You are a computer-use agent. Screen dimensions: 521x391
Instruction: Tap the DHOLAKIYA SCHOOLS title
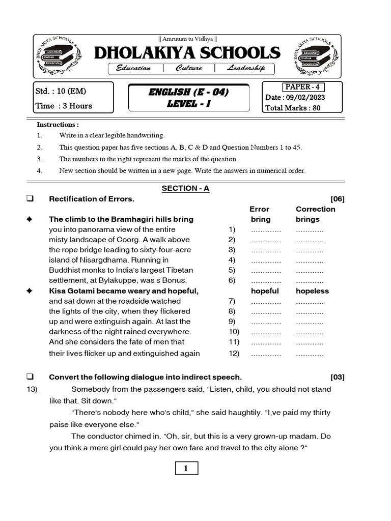[187, 53]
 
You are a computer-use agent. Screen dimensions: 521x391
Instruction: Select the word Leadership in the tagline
[246, 68]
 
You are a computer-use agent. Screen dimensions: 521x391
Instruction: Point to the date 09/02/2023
[306, 97]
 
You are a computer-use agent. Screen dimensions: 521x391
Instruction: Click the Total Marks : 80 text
[293, 108]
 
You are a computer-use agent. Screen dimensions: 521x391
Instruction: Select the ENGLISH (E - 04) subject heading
[188, 92]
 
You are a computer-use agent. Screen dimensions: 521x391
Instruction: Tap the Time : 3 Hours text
[64, 106]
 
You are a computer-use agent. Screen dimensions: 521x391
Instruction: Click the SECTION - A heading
[185, 188]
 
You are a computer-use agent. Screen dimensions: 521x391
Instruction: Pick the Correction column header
[315, 209]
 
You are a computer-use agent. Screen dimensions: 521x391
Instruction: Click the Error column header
[259, 209]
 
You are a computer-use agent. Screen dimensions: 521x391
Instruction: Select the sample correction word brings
[308, 219]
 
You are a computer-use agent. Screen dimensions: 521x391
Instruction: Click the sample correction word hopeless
[312, 291]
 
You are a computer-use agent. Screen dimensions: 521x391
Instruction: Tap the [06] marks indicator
[337, 199]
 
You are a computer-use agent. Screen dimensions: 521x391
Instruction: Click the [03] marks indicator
[337, 377]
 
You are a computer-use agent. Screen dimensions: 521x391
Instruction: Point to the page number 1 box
[186, 469]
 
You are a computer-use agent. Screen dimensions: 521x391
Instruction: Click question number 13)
[33, 389]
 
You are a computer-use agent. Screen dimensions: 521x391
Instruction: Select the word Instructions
[58, 125]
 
